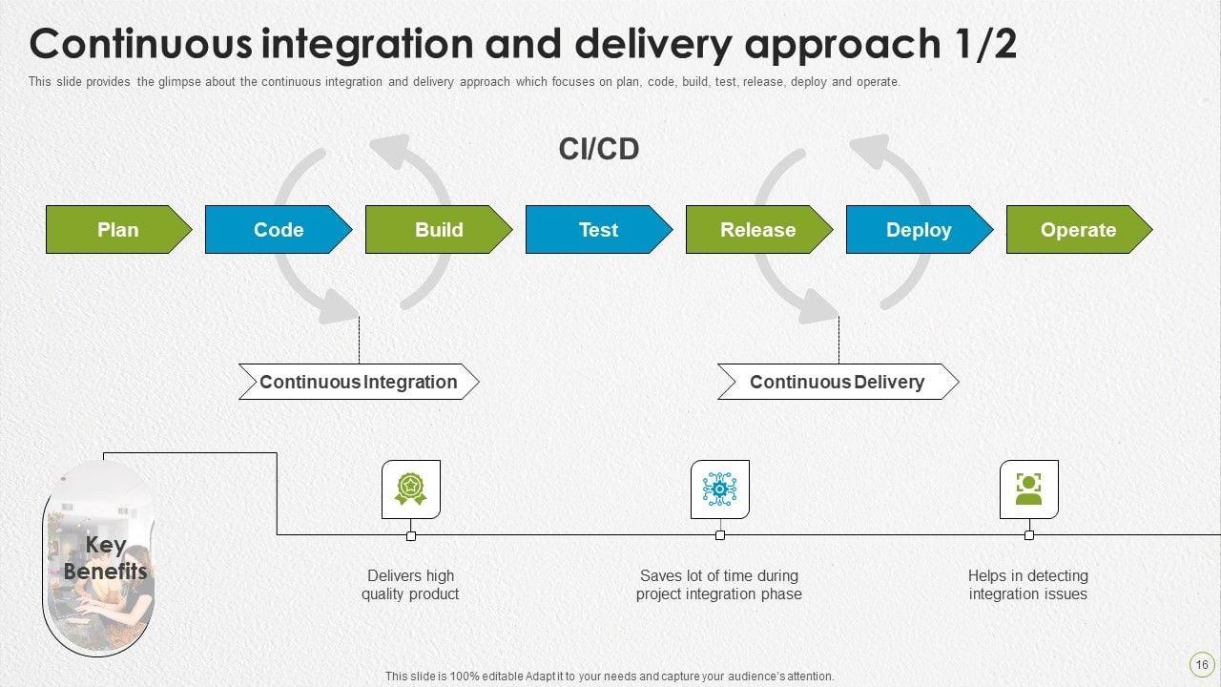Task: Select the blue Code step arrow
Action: point(279,230)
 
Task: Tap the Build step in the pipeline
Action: point(439,230)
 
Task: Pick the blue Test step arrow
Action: point(599,230)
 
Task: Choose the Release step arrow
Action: point(759,230)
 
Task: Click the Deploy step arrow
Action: point(920,230)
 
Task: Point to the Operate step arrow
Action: point(1079,230)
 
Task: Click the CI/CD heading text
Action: point(598,149)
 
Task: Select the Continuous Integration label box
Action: point(359,382)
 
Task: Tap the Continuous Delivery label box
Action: point(838,382)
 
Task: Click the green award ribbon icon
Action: point(410,489)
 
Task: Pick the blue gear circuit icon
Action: point(719,489)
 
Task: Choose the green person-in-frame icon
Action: point(1028,489)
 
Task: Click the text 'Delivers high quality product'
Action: point(410,585)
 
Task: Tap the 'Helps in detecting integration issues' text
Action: point(1028,585)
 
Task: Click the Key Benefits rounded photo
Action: point(98,558)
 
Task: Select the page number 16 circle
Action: point(1201,665)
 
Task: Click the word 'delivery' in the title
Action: point(653,44)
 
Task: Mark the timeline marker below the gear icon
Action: point(720,535)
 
